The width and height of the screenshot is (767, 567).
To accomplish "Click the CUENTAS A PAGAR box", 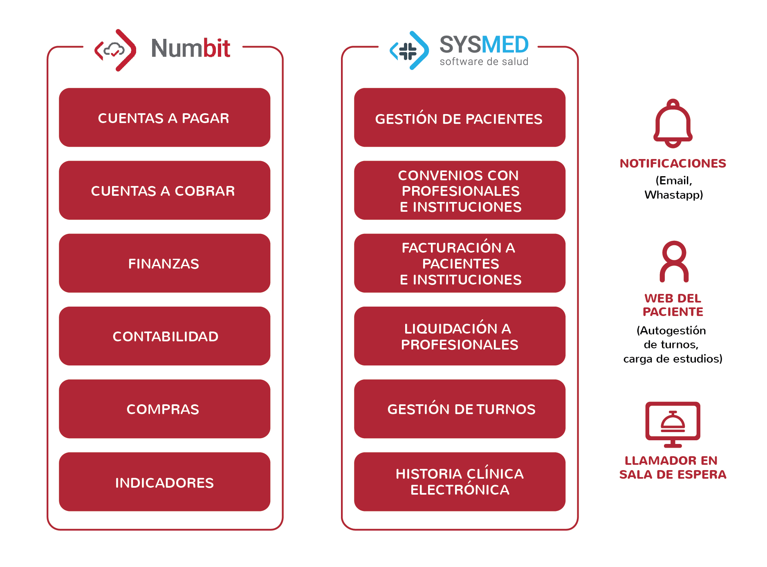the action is (x=164, y=117).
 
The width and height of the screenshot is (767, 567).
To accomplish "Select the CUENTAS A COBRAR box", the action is (x=164, y=190).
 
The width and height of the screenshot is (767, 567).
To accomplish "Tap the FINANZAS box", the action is (x=164, y=263).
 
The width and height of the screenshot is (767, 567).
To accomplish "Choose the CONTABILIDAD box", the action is (x=164, y=336).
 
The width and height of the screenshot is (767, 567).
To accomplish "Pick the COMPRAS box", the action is (x=164, y=409).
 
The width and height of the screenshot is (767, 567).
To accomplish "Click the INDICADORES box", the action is (x=164, y=482).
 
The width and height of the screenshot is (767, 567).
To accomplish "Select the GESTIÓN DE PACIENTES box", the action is (x=460, y=117).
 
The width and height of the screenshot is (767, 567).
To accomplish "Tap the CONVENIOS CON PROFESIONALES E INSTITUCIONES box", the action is (x=460, y=190).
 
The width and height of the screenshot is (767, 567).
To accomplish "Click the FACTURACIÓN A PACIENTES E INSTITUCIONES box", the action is (x=460, y=263).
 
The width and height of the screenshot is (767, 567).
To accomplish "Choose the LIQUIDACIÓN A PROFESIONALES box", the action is (x=460, y=336).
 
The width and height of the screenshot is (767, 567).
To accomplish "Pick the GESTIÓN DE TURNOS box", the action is (x=460, y=409).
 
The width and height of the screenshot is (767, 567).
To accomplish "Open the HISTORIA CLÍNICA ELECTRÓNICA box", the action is (x=460, y=482).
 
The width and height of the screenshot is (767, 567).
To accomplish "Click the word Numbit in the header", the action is (x=191, y=48).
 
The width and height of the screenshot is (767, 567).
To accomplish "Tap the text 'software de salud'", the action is (x=484, y=62).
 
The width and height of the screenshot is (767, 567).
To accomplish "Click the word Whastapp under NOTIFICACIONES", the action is (x=674, y=195).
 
